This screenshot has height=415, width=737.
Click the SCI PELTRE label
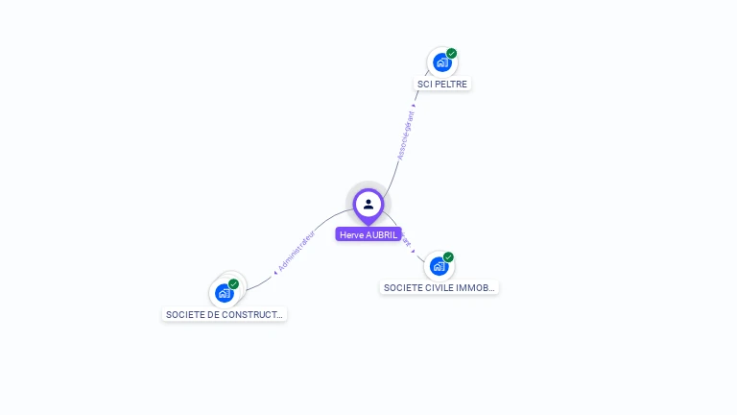pos(442,84)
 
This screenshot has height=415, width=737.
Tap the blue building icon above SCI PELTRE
pos(441,62)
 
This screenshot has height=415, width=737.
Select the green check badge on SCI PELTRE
pos(451,54)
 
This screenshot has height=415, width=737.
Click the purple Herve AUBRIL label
pos(368,234)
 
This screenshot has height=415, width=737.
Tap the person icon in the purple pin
pos(368,204)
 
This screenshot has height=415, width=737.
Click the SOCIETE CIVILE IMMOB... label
pos(439,287)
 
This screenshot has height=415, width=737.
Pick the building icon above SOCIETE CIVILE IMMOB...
pos(439,266)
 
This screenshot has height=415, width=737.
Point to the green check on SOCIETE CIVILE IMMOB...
pos(448,257)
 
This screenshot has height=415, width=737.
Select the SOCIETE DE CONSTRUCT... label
pos(225,314)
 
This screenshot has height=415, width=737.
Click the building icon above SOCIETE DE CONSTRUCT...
pos(225,293)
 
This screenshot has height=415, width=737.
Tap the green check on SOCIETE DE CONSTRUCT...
pos(233,284)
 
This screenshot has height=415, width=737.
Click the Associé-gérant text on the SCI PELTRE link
pos(406,136)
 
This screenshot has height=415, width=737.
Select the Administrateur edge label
pos(297,250)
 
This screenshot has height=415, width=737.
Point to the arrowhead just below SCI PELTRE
pos(415,105)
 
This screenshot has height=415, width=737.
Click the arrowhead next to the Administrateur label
pos(275,272)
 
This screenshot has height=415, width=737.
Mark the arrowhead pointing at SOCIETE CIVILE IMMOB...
pos(414,252)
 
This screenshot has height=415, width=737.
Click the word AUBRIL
pos(382,234)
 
